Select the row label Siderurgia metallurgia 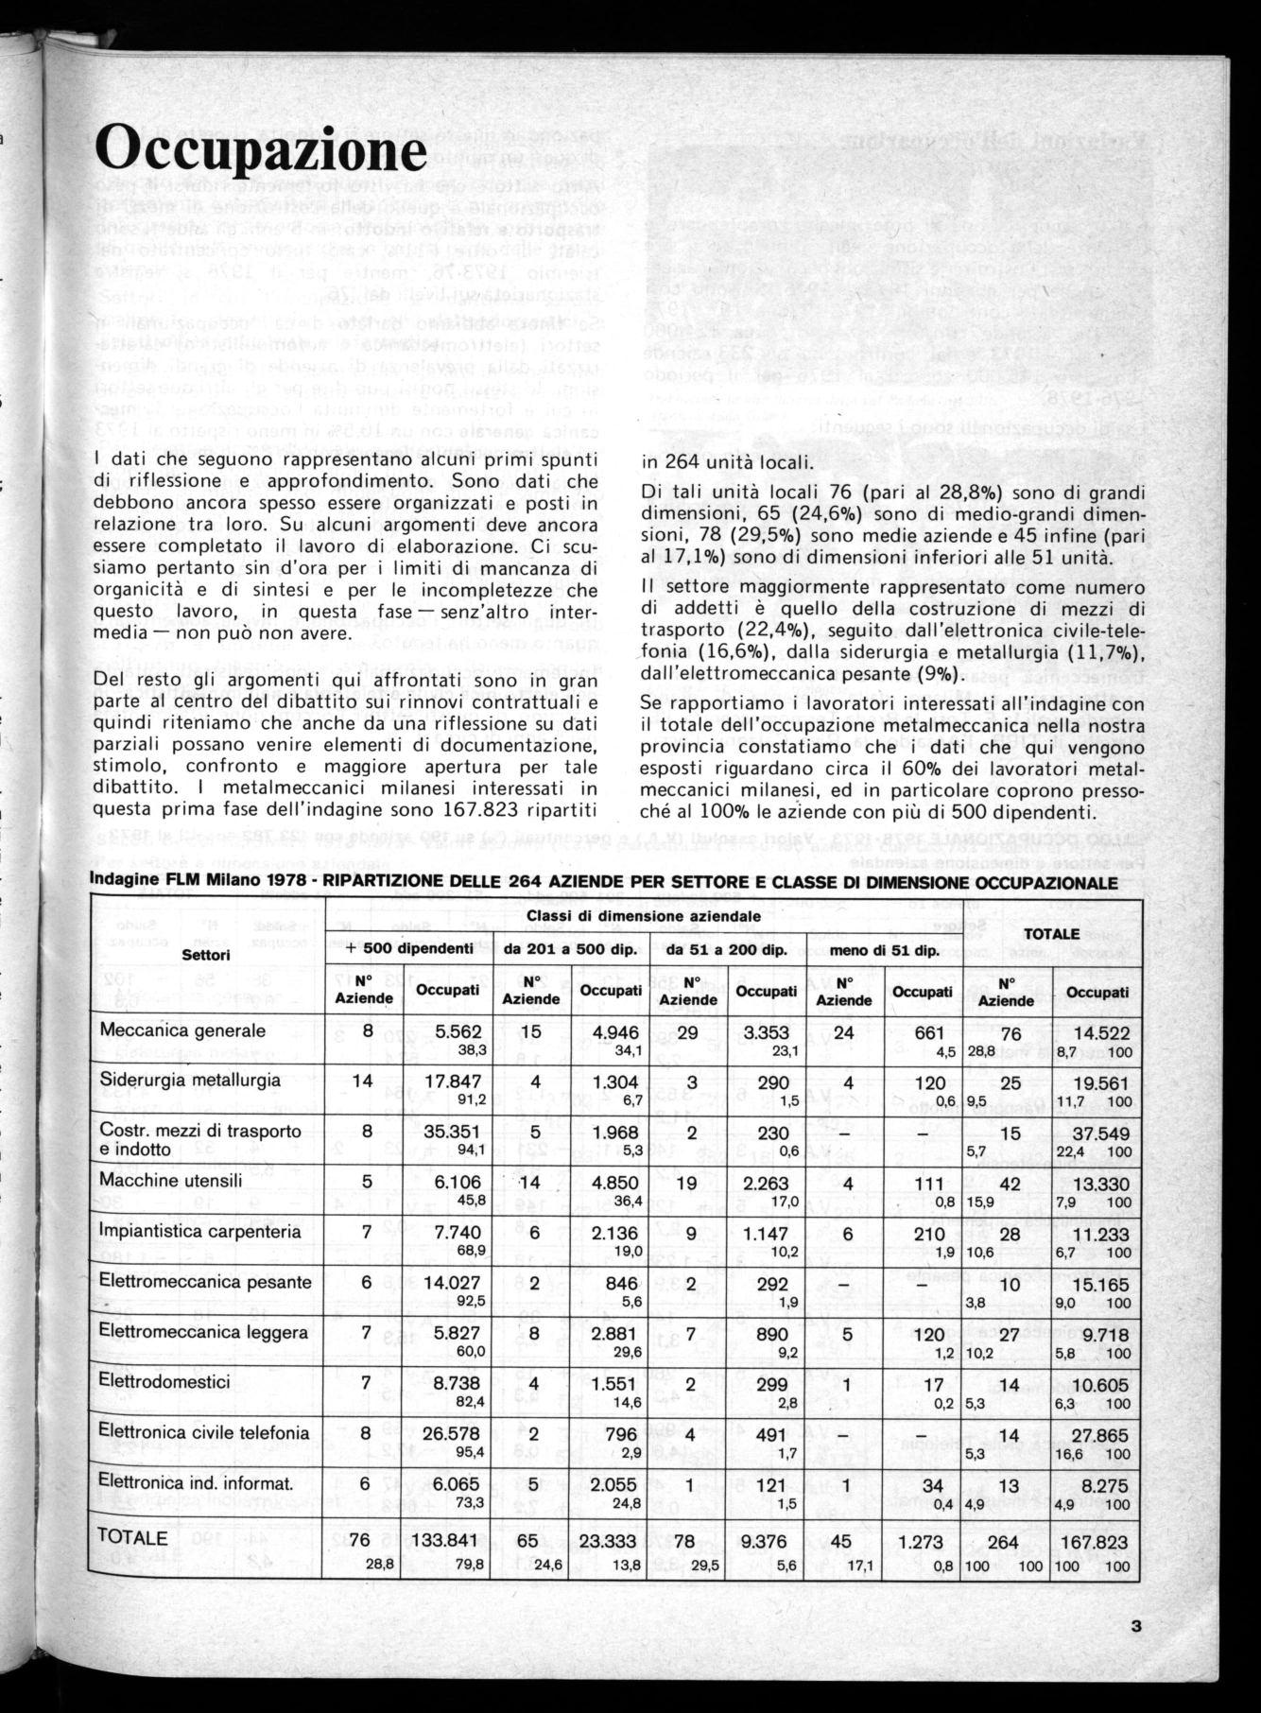190,1080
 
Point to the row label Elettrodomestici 164,1382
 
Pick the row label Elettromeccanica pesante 205,1282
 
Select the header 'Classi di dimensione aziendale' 644,916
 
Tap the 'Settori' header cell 206,956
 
